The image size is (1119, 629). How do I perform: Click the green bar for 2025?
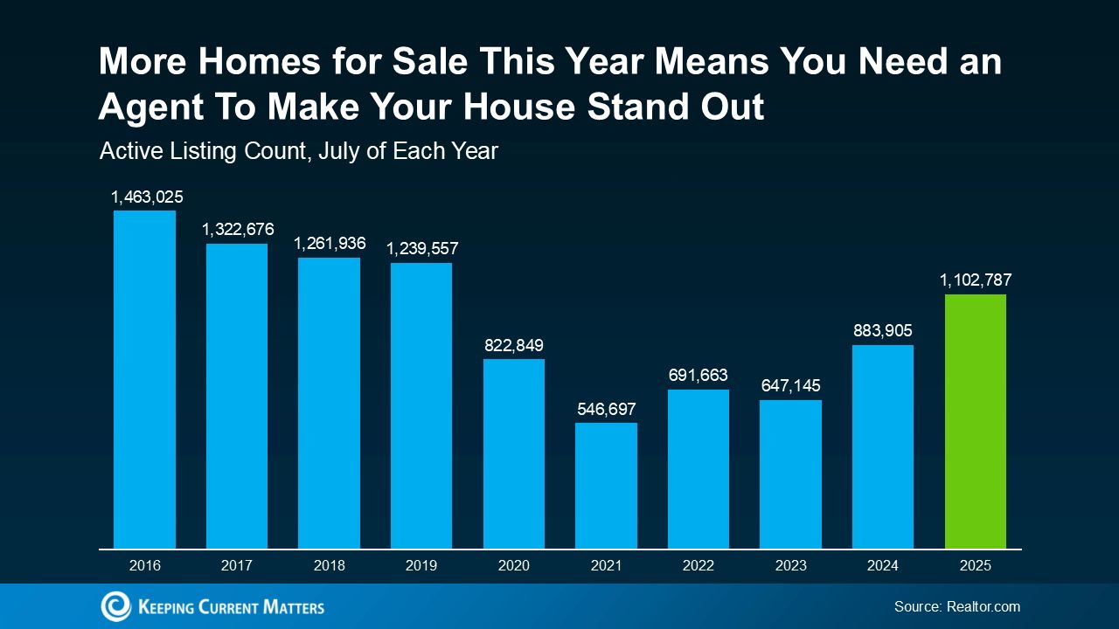[975, 421]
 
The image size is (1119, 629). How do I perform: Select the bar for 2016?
[144, 379]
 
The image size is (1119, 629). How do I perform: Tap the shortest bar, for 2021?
[606, 486]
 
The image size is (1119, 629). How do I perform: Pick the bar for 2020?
[514, 453]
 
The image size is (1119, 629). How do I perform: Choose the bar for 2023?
[790, 474]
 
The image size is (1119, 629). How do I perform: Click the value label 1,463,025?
[147, 197]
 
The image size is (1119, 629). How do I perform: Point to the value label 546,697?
[606, 409]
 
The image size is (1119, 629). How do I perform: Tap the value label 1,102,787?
[976, 280]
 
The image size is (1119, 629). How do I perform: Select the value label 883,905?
[882, 331]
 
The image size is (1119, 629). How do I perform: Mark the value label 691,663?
[698, 376]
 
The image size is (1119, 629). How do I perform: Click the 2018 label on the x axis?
[329, 566]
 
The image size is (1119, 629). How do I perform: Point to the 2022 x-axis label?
[698, 566]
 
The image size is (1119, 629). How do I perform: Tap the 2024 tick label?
[882, 566]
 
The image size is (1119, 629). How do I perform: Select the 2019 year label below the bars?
[421, 566]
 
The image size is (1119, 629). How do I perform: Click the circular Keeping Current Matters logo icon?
[115, 606]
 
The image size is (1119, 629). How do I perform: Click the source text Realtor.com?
[983, 606]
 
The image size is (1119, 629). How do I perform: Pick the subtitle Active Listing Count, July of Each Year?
[299, 151]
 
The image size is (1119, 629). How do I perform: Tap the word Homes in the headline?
[249, 62]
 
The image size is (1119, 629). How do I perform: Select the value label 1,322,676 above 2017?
[238, 230]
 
